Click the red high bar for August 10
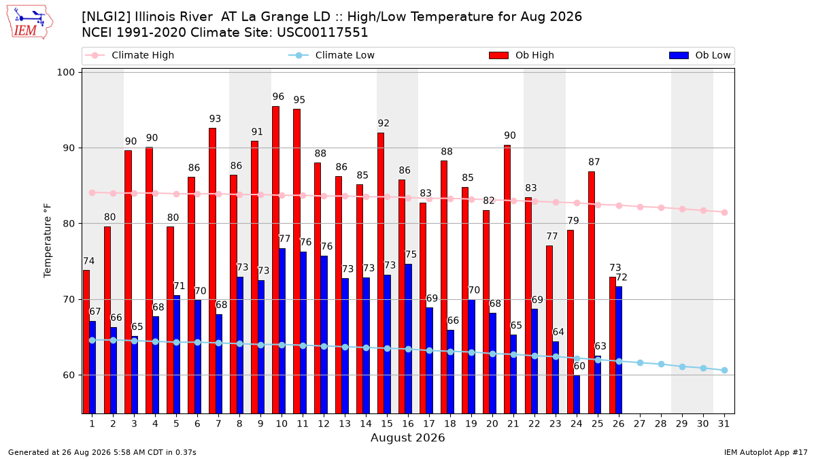click(x=276, y=260)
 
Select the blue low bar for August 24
click(x=577, y=394)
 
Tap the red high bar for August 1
click(x=86, y=341)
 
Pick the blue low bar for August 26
click(x=619, y=350)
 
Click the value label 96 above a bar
click(x=278, y=97)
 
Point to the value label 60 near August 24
click(x=579, y=366)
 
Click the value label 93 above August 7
click(x=215, y=118)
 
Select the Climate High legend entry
click(x=129, y=55)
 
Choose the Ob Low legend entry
click(x=700, y=55)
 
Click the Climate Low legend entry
click(x=332, y=55)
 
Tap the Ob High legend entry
click(x=522, y=55)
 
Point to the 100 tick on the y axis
click(x=65, y=72)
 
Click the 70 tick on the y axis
click(x=69, y=299)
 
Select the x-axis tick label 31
click(x=724, y=424)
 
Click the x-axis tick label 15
click(x=387, y=424)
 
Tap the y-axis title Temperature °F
click(x=48, y=241)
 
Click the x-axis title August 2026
click(x=407, y=437)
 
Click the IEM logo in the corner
click(x=29, y=22)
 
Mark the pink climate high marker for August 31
click(x=724, y=212)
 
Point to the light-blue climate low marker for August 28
click(x=661, y=364)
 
